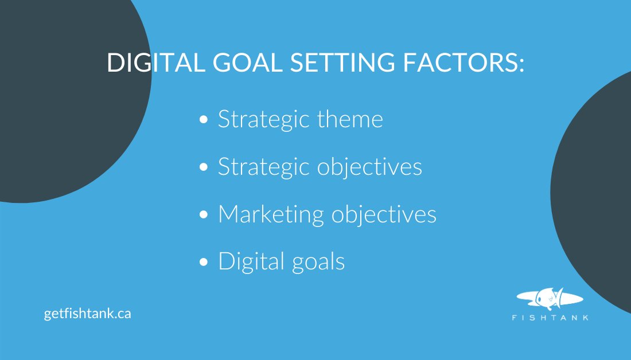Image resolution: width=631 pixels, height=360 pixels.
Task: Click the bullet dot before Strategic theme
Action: (x=203, y=120)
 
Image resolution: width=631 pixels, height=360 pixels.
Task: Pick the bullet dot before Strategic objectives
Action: (x=203, y=167)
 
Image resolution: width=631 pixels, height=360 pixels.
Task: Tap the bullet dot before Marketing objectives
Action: (x=203, y=215)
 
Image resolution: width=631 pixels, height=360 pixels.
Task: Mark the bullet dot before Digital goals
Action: (x=203, y=263)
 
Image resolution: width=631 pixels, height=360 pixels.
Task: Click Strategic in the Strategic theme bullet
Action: (x=264, y=120)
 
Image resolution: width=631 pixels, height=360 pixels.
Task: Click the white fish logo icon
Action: (x=550, y=298)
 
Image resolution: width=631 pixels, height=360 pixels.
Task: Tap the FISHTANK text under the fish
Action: (x=550, y=318)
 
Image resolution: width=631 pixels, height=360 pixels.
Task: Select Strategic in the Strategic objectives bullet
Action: (x=264, y=167)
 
